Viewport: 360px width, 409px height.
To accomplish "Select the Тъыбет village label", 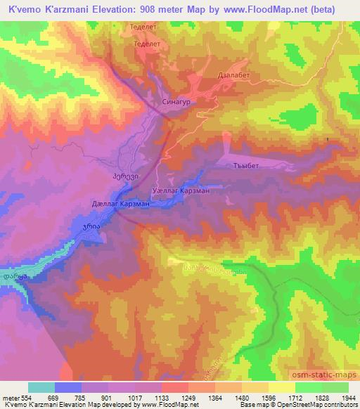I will (248, 166).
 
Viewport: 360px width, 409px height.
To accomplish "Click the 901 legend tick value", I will (108, 398).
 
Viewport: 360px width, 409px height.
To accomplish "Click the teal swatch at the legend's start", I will (41, 387).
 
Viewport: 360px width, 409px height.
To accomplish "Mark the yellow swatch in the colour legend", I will (282, 387).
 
